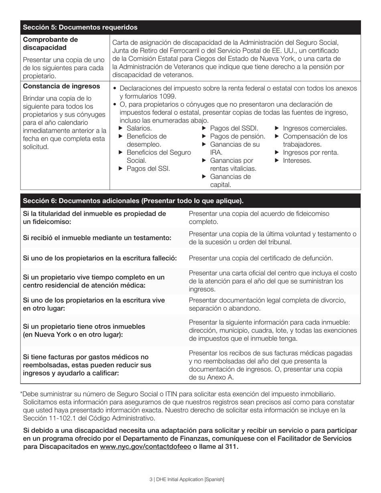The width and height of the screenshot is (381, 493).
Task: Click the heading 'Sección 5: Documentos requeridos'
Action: [x=80, y=27]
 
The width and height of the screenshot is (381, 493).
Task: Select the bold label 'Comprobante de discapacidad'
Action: [x=50, y=44]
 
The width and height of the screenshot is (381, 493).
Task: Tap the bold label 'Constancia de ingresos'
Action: [x=61, y=87]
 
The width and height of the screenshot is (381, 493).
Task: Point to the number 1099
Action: [x=167, y=97]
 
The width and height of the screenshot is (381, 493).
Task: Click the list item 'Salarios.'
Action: [x=139, y=128]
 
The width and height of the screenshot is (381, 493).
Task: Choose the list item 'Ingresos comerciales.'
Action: [x=315, y=128]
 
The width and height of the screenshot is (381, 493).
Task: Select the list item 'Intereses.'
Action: [x=297, y=161]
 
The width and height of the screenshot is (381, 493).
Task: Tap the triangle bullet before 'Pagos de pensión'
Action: [x=204, y=136]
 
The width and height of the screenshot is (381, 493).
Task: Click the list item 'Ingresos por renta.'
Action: [x=310, y=153]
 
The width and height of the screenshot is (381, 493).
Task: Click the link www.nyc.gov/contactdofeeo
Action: [x=145, y=447]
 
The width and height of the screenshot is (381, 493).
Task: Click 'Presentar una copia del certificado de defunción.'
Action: [x=261, y=258]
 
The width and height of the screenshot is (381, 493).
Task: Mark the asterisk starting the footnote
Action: [x=22, y=394]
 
